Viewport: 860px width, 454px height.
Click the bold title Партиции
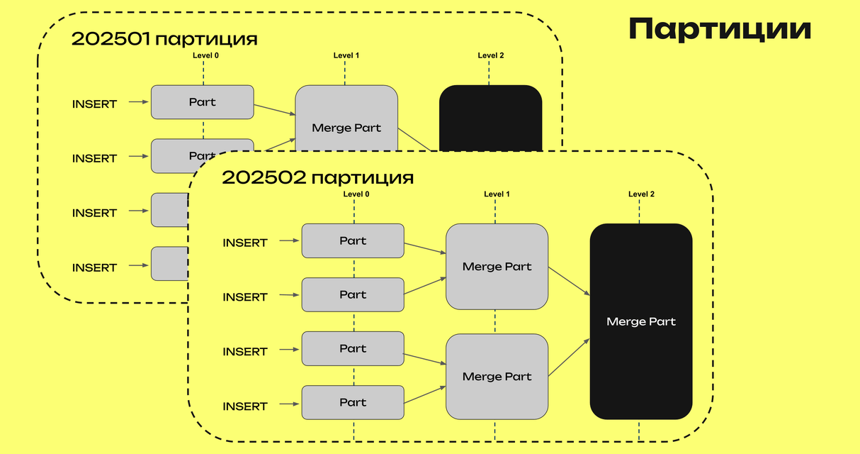coord(720,30)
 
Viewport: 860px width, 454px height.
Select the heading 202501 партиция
coord(164,39)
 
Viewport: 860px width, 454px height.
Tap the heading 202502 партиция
coord(317,177)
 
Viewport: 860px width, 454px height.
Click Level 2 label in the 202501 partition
coord(491,55)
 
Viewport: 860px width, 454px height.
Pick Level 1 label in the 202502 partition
coord(497,194)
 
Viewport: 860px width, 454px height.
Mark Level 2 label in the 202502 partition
coord(641,194)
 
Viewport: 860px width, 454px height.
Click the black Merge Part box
coord(641,321)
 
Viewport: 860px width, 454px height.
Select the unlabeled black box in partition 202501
coord(491,117)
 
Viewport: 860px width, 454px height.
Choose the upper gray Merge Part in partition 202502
coord(497,267)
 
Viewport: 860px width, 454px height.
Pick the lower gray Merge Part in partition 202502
coord(497,376)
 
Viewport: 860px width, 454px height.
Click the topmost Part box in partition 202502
coord(353,241)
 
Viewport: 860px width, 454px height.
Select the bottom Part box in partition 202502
coord(353,402)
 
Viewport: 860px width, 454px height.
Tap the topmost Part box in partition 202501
coord(202,102)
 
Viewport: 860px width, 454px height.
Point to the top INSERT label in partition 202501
coord(94,104)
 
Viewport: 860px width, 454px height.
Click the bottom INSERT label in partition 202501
coord(94,267)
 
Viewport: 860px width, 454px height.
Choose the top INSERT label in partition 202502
coord(245,243)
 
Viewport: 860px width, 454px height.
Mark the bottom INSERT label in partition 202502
coord(245,406)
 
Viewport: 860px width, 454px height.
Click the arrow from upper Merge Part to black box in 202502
coord(569,282)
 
